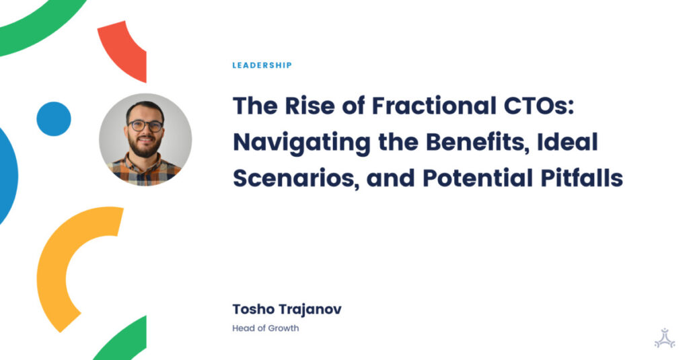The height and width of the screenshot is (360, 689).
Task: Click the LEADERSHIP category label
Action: point(262,65)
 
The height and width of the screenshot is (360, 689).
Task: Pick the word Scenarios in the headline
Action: point(296,178)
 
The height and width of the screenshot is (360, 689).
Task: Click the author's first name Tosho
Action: point(253,309)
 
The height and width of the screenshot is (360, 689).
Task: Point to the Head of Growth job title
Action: point(265,328)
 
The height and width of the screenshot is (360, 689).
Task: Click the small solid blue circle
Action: point(54,118)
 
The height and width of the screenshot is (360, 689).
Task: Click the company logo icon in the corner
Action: point(664,338)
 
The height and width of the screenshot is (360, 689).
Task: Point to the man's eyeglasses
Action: point(145,126)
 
